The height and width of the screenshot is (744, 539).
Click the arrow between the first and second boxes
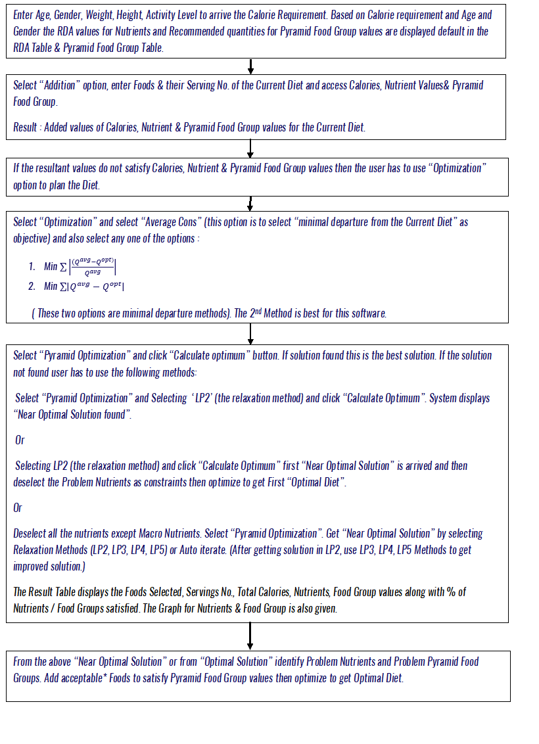[x=251, y=66]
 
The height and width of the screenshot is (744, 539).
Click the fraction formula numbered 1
[x=84, y=266]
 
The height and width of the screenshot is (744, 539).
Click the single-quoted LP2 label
[x=200, y=398]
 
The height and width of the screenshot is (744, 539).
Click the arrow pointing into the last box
[x=250, y=636]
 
